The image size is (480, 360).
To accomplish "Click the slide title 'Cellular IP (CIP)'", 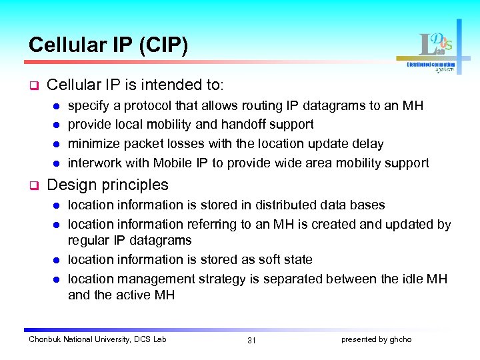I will pyautogui.click(x=108, y=45).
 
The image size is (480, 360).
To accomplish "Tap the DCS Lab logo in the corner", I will pyautogui.click(x=436, y=50).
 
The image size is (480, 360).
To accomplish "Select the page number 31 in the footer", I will pyautogui.click(x=251, y=341).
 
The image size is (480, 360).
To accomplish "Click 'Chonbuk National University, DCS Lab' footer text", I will pyautogui.click(x=97, y=340).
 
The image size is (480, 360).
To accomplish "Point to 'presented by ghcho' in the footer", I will pyautogui.click(x=376, y=340).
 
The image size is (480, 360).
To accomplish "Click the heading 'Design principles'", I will pyautogui.click(x=108, y=185).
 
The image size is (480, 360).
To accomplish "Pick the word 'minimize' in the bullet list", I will pyautogui.click(x=92, y=144).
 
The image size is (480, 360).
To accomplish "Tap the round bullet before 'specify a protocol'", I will pyautogui.click(x=57, y=106).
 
